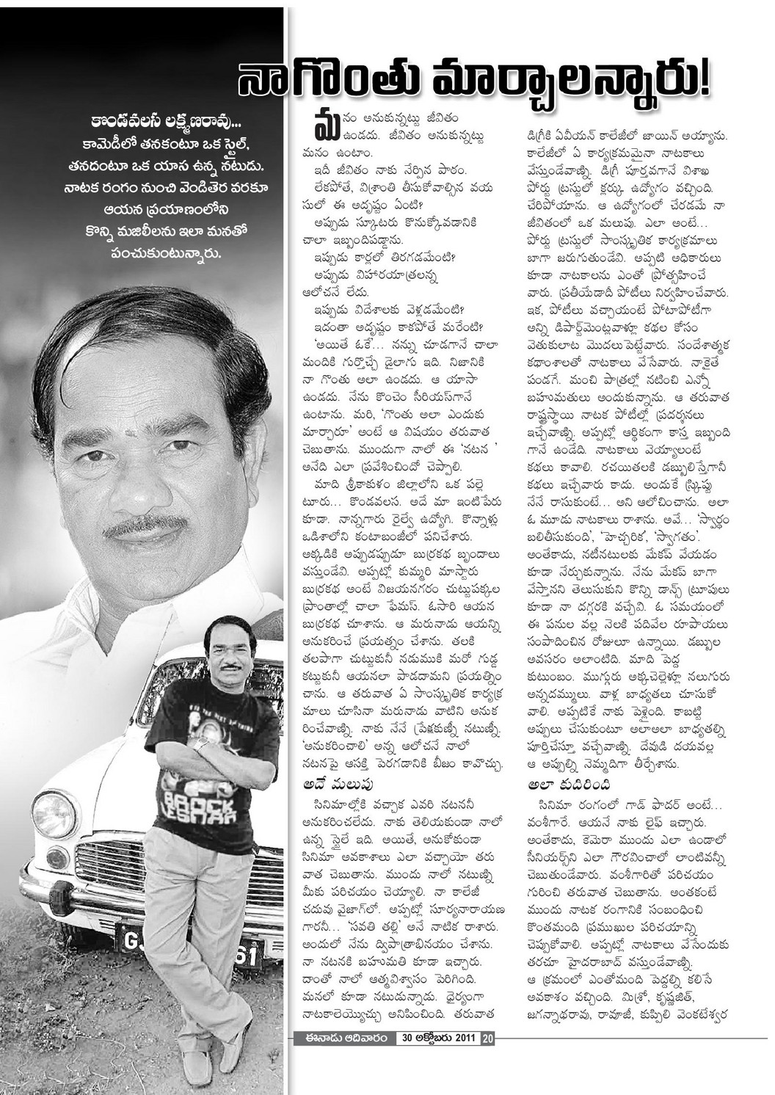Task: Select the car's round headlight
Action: [x=53, y=814]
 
